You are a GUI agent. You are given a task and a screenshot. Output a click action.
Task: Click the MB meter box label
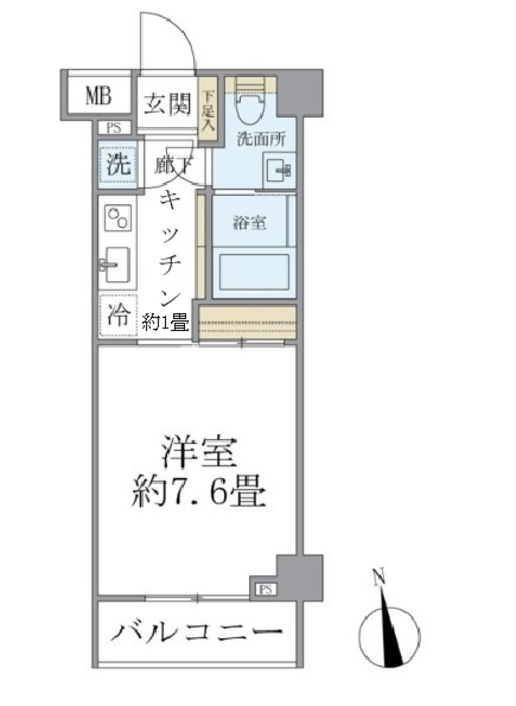pos(98,97)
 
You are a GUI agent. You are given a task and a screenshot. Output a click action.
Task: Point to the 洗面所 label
pos(261,139)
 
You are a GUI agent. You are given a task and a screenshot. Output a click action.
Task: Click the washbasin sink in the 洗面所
pos(279,168)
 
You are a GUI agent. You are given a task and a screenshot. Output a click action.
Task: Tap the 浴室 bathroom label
pos(250,222)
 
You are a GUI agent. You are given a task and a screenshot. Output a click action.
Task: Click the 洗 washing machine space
pos(118,164)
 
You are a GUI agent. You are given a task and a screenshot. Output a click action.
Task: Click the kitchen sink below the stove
pos(116,264)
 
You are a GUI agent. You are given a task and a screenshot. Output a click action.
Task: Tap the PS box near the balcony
pos(265,589)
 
